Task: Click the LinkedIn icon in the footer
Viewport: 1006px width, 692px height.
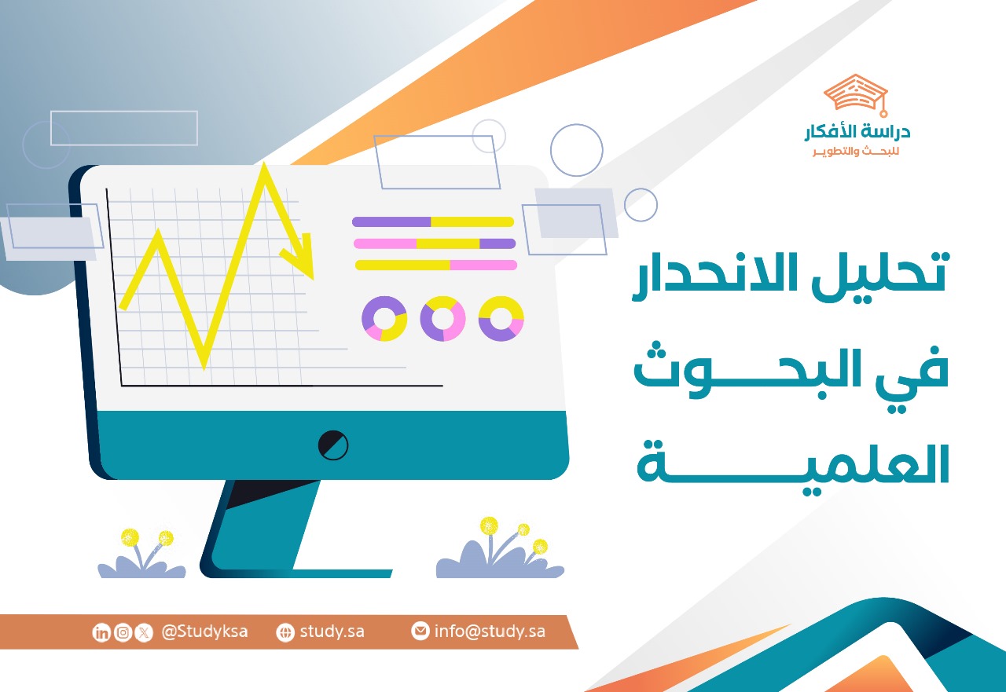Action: tap(101, 632)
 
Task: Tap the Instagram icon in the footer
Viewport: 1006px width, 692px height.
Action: tap(123, 632)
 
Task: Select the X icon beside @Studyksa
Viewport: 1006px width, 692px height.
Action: tap(143, 632)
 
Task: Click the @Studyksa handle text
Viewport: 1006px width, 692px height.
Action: tap(204, 632)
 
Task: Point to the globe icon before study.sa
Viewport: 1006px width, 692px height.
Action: tap(285, 632)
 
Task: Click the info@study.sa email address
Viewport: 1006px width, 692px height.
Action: tap(490, 632)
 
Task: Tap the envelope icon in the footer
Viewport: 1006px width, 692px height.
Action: tap(420, 632)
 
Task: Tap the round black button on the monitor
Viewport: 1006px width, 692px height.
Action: tap(333, 445)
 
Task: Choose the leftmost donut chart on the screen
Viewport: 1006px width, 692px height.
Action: tap(384, 318)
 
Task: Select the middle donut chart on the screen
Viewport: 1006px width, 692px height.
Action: tap(442, 318)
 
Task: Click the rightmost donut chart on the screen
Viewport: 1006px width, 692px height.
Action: tap(501, 318)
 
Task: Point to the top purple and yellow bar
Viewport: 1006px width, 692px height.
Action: tap(433, 222)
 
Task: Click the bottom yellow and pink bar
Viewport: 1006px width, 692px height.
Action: tap(436, 265)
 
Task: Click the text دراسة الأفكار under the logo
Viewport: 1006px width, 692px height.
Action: tap(857, 133)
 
